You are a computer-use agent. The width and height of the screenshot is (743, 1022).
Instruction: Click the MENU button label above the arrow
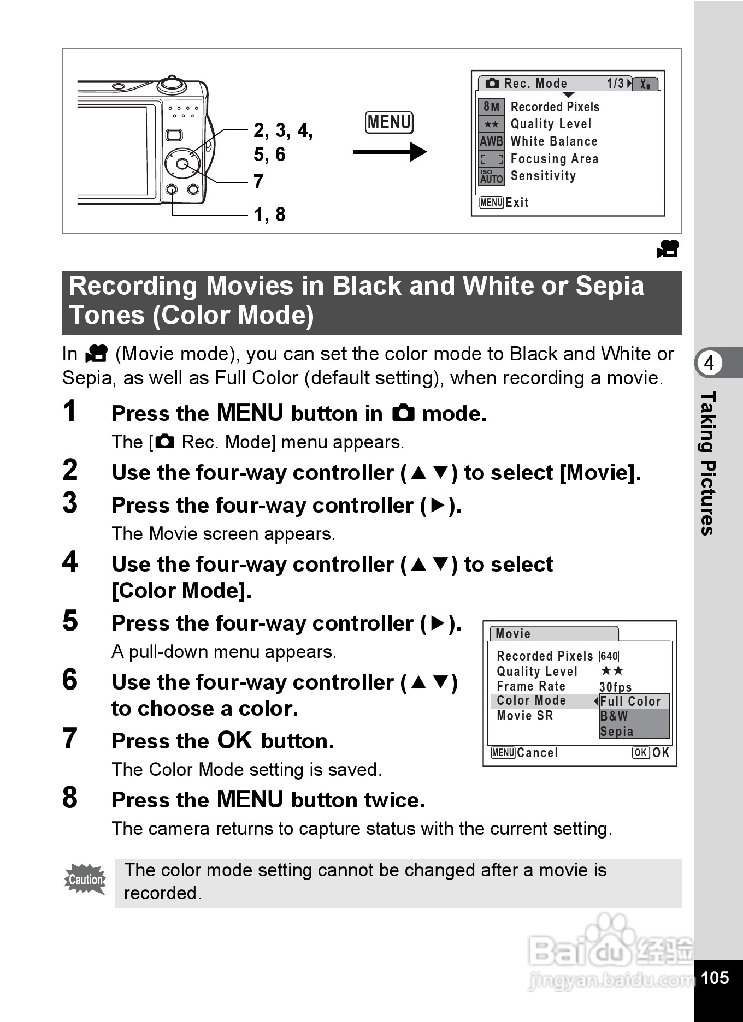click(389, 122)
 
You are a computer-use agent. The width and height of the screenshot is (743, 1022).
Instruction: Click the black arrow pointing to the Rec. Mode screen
click(390, 152)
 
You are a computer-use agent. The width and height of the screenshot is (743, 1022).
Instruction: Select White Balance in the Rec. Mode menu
click(554, 141)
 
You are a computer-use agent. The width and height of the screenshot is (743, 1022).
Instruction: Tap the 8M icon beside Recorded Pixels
click(491, 107)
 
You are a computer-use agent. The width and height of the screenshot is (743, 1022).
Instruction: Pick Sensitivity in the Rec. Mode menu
click(543, 176)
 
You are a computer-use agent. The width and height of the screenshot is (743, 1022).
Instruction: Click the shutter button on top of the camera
click(172, 84)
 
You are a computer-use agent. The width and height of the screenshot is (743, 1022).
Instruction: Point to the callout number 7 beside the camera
click(258, 181)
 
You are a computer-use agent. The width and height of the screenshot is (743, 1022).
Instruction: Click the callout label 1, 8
click(270, 215)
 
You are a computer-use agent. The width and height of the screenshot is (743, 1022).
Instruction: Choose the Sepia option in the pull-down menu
click(617, 732)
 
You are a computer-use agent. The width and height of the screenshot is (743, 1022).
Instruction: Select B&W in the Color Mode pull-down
click(614, 716)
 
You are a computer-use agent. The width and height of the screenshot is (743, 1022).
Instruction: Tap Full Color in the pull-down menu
click(630, 701)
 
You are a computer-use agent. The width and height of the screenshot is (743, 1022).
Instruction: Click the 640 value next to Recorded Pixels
click(609, 656)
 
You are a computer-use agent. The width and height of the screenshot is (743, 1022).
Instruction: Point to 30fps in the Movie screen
click(616, 687)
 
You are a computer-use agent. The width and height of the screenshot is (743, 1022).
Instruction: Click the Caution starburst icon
click(85, 880)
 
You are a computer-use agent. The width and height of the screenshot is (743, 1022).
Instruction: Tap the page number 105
click(715, 978)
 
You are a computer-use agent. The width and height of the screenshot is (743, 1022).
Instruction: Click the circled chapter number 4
click(709, 363)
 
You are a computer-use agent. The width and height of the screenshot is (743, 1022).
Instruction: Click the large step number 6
click(70, 680)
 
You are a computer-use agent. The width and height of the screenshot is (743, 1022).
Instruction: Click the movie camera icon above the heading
click(668, 248)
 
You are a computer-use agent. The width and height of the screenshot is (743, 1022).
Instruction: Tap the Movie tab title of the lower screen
click(513, 634)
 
